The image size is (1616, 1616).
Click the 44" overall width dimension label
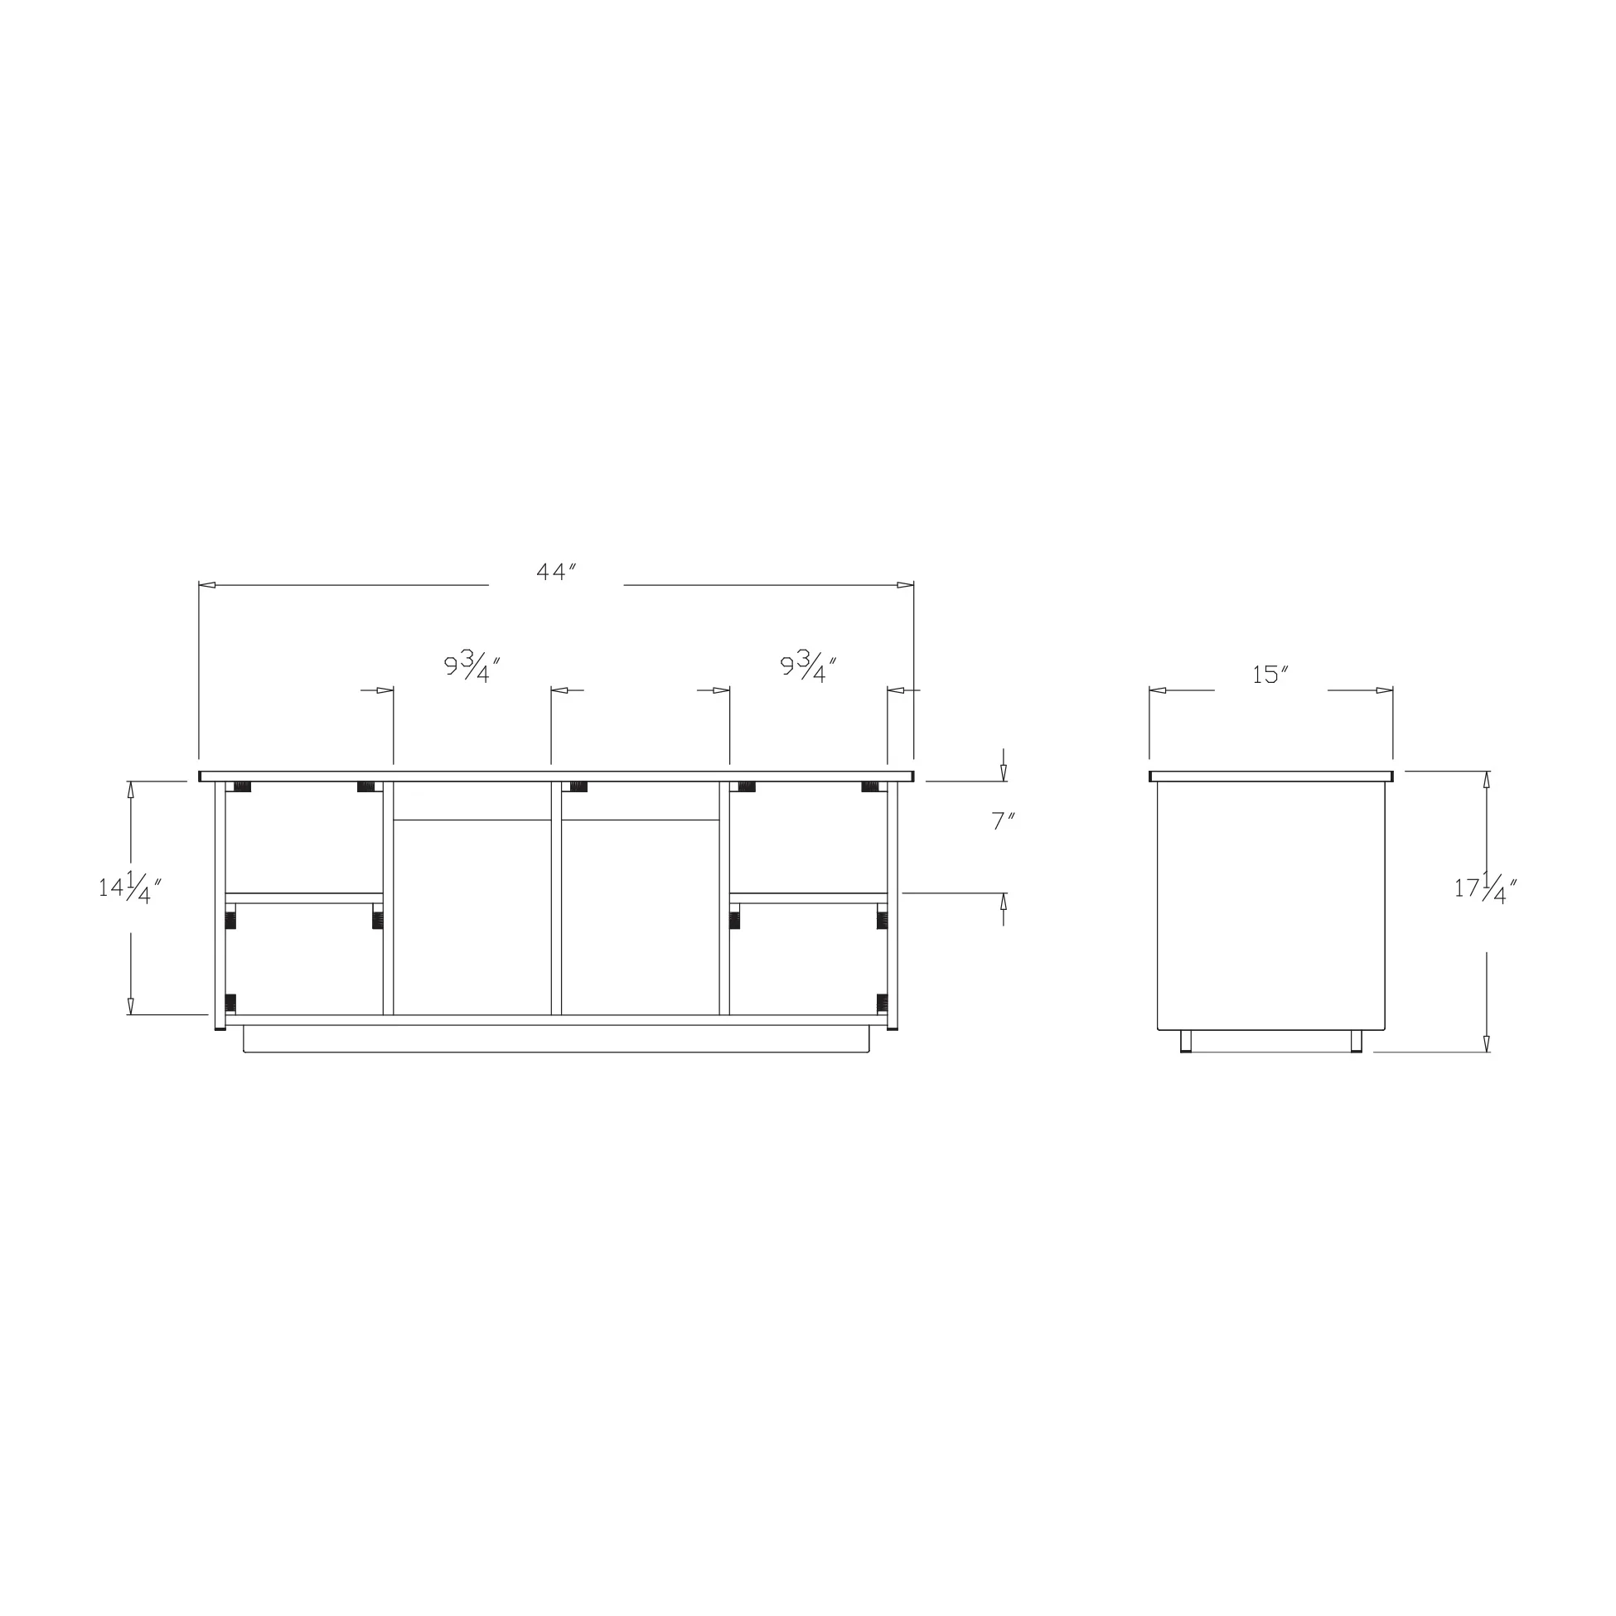tap(557, 572)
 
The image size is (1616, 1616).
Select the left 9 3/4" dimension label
tap(472, 667)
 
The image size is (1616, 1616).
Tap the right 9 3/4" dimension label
tap(809, 667)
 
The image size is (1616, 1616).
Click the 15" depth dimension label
tap(1270, 675)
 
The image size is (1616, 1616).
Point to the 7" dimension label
tap(1004, 821)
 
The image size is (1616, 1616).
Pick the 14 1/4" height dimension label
tap(129, 888)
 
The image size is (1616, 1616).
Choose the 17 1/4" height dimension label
tap(1486, 888)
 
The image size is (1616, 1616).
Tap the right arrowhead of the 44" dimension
tap(905, 585)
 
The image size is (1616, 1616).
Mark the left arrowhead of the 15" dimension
tap(1159, 690)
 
